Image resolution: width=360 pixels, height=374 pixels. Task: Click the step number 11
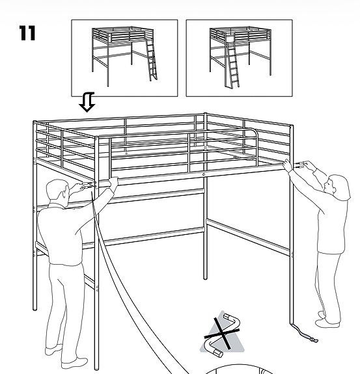tap(27, 33)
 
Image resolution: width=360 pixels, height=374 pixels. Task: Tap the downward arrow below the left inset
tap(87, 102)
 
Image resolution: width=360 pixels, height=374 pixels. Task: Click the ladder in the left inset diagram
tap(151, 60)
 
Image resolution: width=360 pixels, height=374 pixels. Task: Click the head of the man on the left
tap(57, 191)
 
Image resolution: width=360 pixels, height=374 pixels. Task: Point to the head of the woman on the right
tap(337, 185)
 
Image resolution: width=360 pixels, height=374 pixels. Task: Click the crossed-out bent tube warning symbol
tap(222, 334)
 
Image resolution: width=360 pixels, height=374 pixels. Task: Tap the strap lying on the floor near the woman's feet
tap(305, 333)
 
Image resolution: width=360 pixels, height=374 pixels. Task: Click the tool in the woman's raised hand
tap(300, 165)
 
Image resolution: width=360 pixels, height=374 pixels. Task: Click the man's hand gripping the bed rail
tap(113, 182)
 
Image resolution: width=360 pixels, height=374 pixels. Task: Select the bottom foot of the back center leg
tap(205, 278)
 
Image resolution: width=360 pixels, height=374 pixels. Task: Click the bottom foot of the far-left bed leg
tap(35, 309)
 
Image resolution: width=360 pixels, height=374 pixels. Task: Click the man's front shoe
tap(74, 363)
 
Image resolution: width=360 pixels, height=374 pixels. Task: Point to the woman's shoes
tap(327, 319)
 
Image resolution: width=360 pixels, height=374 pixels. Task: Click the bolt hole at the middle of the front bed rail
tap(204, 174)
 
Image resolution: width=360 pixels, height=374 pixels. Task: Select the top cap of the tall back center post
tap(205, 114)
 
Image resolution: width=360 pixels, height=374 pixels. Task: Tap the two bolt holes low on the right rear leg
tap(293, 255)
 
